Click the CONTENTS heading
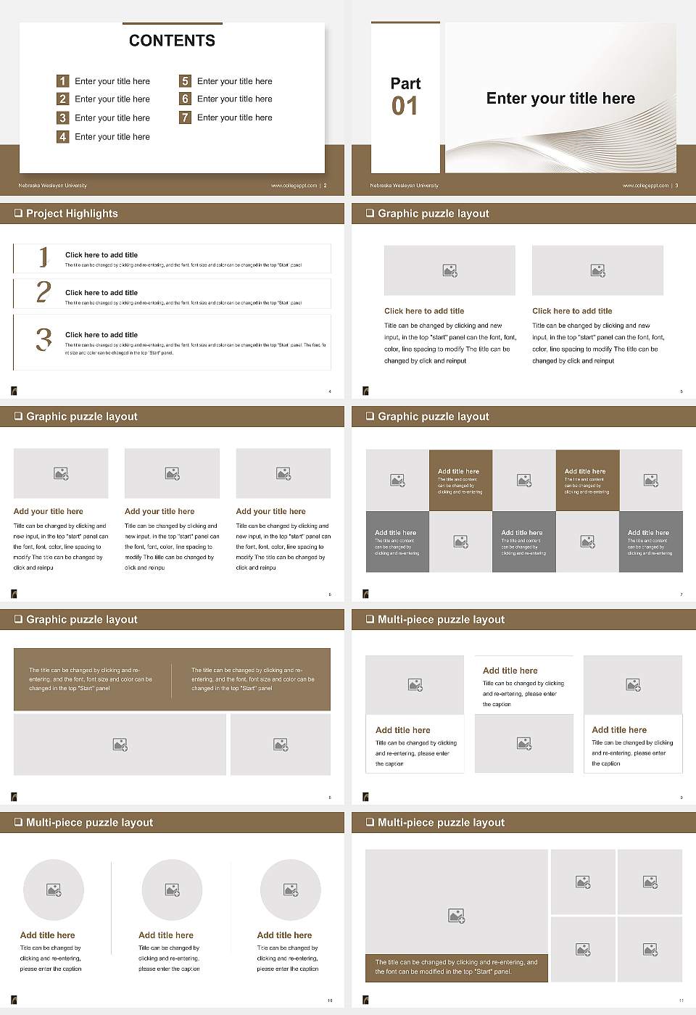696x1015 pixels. [172, 41]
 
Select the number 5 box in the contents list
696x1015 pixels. [185, 81]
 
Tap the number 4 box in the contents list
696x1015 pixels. [62, 136]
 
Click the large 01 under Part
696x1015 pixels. [405, 107]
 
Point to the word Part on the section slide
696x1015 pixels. [405, 83]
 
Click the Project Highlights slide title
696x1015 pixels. [72, 213]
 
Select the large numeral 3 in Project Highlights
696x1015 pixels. [44, 339]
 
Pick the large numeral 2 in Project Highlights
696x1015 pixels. [43, 292]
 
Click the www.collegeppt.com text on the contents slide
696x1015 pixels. [294, 186]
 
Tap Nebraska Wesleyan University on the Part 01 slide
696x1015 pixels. [404, 186]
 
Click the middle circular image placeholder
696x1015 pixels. [172, 890]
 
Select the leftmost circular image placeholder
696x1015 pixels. [54, 890]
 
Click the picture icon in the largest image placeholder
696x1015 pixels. [456, 916]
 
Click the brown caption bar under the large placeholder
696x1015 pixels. [456, 967]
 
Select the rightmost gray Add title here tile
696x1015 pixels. [650, 542]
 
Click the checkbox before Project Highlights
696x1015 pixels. [18, 213]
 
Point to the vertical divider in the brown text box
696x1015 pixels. [172, 679]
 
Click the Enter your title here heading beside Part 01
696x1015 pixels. [560, 99]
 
